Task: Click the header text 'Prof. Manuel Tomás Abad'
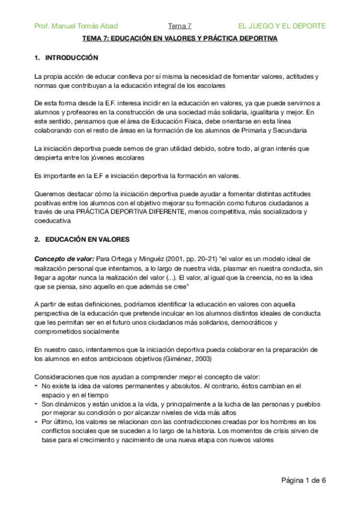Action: pyautogui.click(x=76, y=26)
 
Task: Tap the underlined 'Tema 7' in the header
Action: pyautogui.click(x=180, y=26)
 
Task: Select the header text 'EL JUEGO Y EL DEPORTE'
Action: pyautogui.click(x=282, y=26)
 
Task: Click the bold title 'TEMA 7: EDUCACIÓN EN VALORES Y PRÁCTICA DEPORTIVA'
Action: pyautogui.click(x=180, y=39)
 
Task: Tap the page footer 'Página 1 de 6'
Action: pyautogui.click(x=304, y=481)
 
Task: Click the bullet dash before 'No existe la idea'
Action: pyautogui.click(x=37, y=384)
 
